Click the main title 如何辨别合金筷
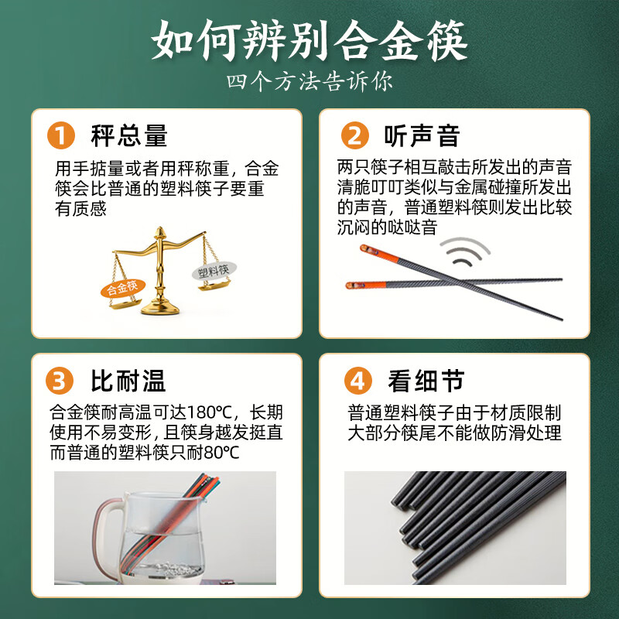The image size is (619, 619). point(309,41)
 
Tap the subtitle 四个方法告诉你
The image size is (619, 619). point(309,81)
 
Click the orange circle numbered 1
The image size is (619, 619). point(61,135)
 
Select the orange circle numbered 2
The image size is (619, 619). point(355,135)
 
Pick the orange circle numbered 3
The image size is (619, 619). point(60,381)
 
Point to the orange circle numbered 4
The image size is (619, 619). point(358,381)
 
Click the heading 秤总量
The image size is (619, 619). point(129,135)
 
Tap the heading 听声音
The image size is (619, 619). point(422,135)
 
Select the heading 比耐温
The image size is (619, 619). point(128,381)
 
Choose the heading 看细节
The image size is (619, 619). point(426,381)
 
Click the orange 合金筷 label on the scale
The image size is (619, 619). point(123,288)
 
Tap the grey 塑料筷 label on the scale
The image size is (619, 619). point(214,272)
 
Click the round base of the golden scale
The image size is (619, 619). point(160,307)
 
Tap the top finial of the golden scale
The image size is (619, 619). point(160,232)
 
